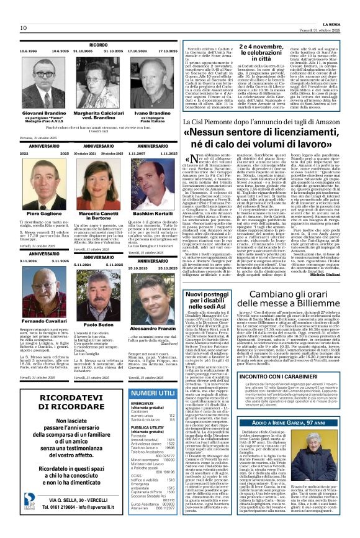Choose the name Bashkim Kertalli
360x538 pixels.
(153, 213)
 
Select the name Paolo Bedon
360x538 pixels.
(99, 324)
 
